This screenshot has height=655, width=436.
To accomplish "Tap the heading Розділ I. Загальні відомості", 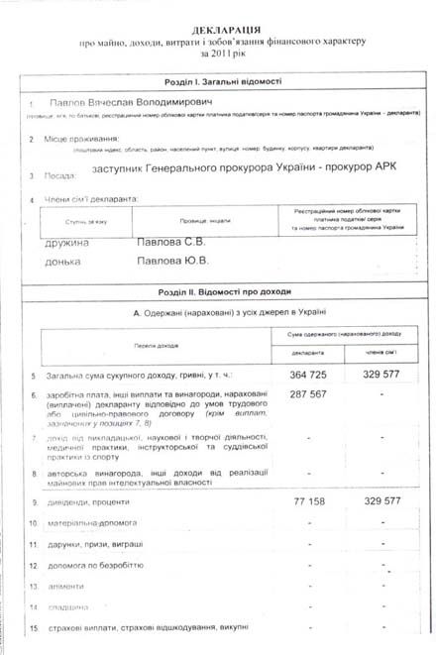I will [226, 82].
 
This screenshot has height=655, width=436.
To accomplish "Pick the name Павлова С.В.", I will [170, 242].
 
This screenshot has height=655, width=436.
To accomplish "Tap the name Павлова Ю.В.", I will [171, 262].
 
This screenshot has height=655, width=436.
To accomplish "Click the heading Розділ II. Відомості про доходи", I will [226, 291].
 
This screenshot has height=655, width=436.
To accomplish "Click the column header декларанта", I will [310, 353].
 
